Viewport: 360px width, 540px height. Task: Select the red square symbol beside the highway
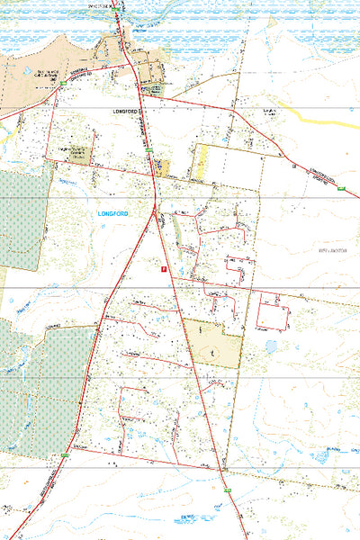point(163,267)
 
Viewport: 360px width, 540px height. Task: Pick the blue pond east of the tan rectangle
point(271,346)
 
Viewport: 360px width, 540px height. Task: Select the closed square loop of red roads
point(272,311)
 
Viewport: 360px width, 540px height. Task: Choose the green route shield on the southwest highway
point(65,457)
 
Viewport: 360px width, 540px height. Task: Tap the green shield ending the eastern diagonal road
point(341,188)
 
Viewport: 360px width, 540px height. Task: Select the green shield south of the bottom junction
point(228,490)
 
